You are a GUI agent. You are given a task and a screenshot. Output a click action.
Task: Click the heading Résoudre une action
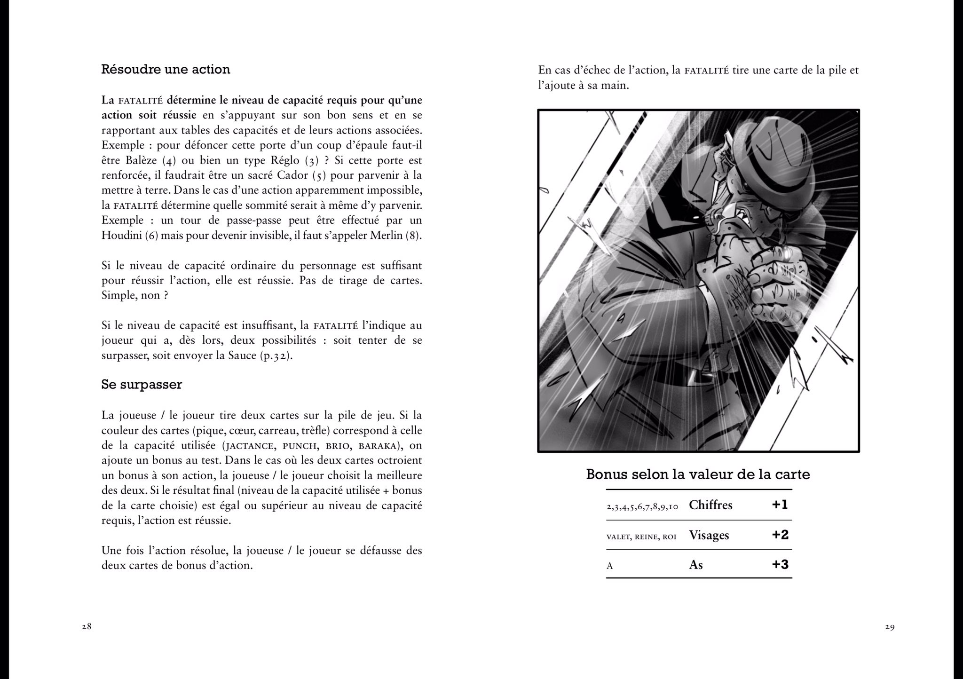(x=166, y=70)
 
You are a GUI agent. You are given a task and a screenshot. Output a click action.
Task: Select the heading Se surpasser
(x=142, y=384)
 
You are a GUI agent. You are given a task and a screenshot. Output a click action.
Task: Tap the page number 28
(x=87, y=627)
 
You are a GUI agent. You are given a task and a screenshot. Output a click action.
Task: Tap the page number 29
(x=889, y=627)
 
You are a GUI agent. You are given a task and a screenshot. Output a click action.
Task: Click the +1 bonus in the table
(x=780, y=505)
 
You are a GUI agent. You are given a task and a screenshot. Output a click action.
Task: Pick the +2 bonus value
(x=780, y=535)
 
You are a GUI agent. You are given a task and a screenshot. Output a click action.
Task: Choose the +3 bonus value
(x=780, y=564)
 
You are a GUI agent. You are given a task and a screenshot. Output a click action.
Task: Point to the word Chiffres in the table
(x=710, y=505)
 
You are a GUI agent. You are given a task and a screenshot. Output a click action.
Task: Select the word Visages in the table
(x=709, y=535)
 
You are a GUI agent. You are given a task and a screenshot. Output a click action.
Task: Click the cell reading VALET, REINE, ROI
(x=641, y=537)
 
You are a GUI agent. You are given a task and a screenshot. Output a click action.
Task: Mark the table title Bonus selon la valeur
(x=698, y=474)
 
